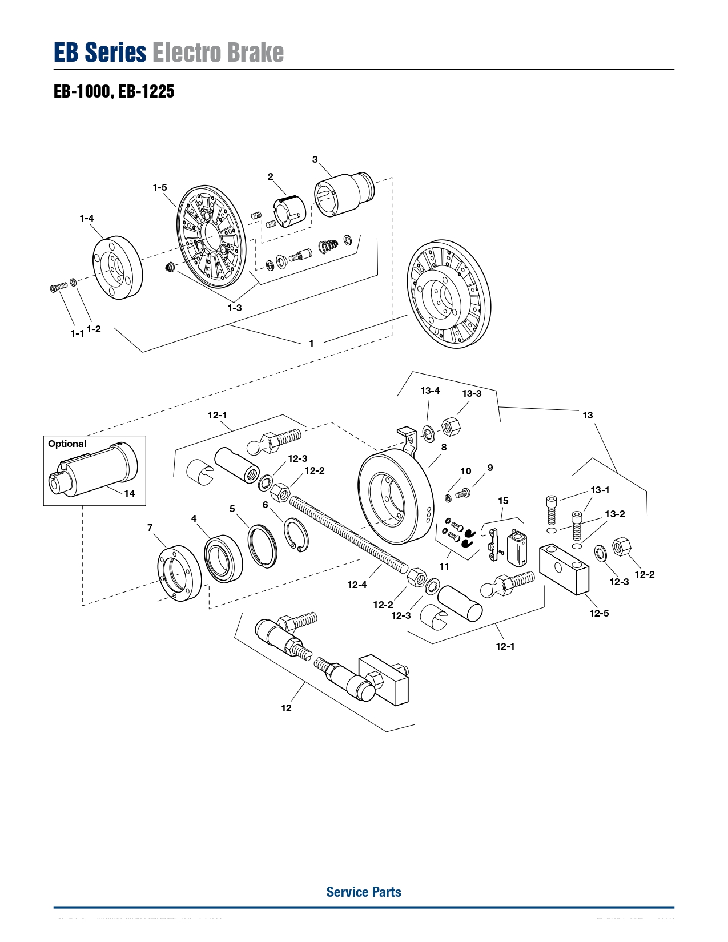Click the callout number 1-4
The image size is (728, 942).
87,218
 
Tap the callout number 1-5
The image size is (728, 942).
160,187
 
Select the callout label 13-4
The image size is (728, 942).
430,391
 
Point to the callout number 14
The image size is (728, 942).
130,493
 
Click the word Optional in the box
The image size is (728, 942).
67,444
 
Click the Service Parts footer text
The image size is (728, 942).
364,892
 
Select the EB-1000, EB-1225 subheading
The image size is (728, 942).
114,91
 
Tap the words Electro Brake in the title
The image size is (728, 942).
218,53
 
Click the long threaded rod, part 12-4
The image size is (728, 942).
348,533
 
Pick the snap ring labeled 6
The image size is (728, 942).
296,534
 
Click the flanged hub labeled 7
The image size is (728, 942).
179,573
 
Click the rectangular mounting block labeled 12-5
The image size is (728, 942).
564,568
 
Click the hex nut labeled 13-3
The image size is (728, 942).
451,426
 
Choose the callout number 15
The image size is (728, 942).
503,501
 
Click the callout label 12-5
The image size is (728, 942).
599,613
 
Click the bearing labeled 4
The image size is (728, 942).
223,558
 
